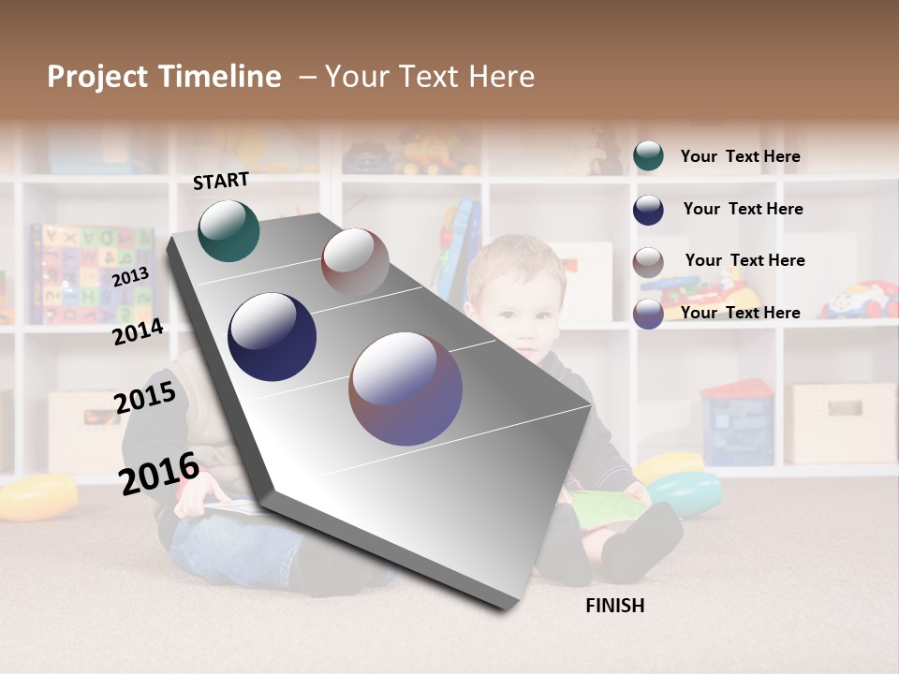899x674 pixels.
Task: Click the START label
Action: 221,181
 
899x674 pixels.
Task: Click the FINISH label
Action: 614,606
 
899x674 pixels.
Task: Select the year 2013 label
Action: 130,277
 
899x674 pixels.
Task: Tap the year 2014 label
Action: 138,332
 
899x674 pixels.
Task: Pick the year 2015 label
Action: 145,398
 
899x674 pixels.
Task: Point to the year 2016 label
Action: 159,474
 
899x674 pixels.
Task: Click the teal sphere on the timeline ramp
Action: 228,230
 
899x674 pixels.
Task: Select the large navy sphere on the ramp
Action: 272,337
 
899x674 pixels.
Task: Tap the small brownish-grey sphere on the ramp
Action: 355,261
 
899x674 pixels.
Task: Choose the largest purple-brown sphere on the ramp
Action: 405,388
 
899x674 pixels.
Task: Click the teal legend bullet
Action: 648,156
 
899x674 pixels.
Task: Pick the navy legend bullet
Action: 648,210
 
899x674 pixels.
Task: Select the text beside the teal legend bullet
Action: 740,156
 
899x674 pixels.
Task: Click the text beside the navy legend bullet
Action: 743,209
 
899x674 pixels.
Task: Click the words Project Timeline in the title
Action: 164,77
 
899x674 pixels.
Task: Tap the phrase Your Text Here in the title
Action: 430,77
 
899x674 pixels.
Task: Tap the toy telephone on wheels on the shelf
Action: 859,300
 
